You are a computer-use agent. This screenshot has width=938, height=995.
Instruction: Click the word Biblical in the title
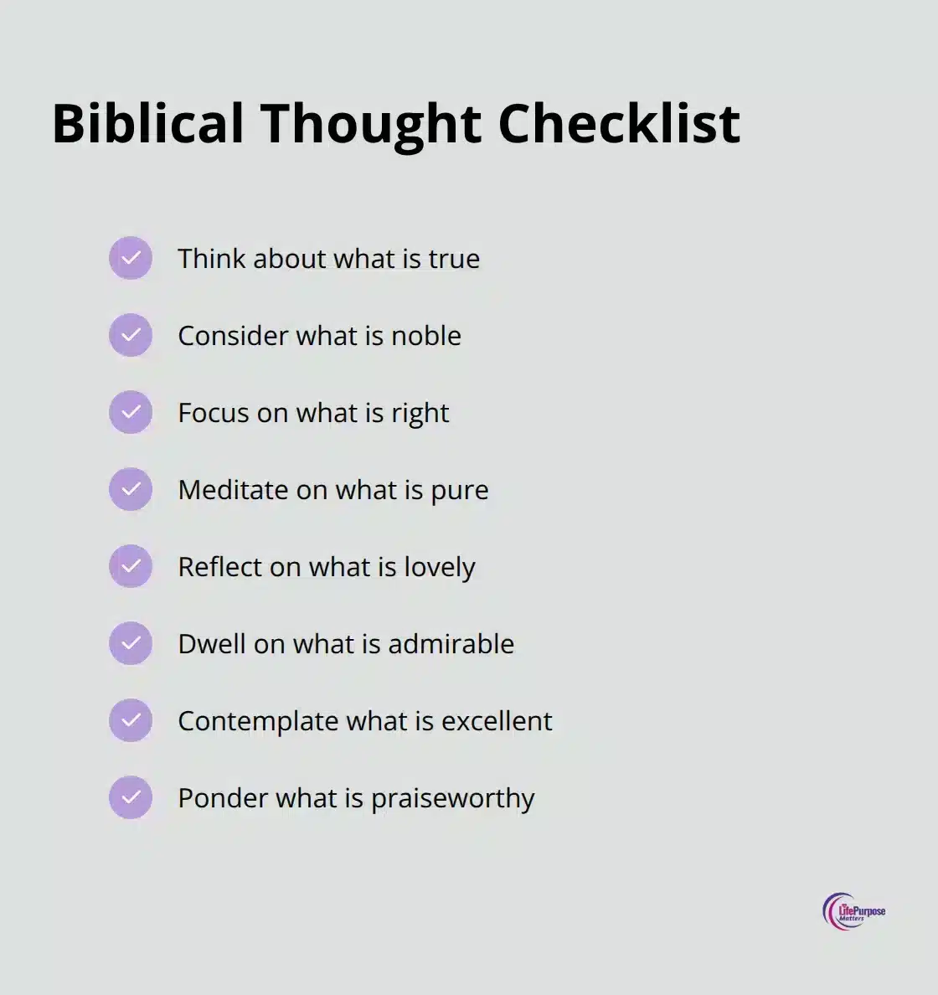pos(147,124)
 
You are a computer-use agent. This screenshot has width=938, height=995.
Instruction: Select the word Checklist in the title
pos(619,124)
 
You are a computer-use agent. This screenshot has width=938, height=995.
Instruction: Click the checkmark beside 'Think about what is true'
pos(131,258)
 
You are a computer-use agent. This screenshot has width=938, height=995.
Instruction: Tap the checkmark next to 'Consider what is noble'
pos(131,335)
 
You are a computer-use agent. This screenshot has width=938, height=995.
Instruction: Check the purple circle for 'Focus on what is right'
pos(131,412)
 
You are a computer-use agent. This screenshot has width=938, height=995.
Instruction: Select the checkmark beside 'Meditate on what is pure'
pos(131,489)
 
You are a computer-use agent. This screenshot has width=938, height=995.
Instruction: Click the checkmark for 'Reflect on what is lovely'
pos(131,566)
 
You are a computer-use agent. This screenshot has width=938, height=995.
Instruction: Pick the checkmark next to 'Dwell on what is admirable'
pos(131,643)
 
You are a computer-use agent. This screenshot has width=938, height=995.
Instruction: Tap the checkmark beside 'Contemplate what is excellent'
pos(131,720)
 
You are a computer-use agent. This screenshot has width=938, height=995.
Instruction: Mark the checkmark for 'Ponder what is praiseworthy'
pos(131,797)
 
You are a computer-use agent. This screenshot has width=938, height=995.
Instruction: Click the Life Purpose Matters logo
pos(853,911)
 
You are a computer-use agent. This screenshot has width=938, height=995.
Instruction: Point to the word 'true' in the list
pos(454,259)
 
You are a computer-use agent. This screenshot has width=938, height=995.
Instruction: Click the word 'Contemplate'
pos(258,721)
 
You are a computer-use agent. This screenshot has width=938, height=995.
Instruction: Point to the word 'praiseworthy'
pos(452,799)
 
